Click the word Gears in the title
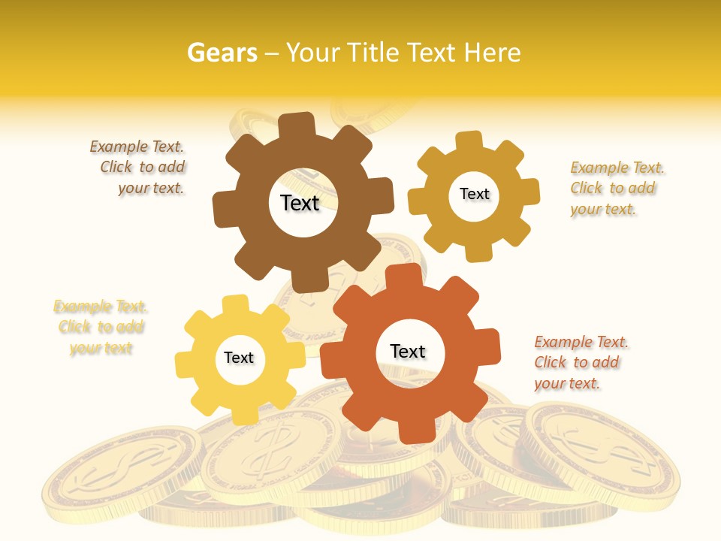click(x=222, y=53)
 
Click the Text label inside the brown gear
click(x=300, y=203)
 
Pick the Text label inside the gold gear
click(x=474, y=194)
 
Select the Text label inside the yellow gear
click(x=239, y=358)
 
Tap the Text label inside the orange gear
click(x=408, y=351)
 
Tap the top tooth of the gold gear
click(x=469, y=141)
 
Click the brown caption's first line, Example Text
click(x=137, y=147)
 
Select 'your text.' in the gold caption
click(x=603, y=209)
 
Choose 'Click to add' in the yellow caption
click(x=101, y=327)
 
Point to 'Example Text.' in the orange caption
click(x=581, y=342)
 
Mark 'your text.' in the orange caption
click(x=567, y=383)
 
